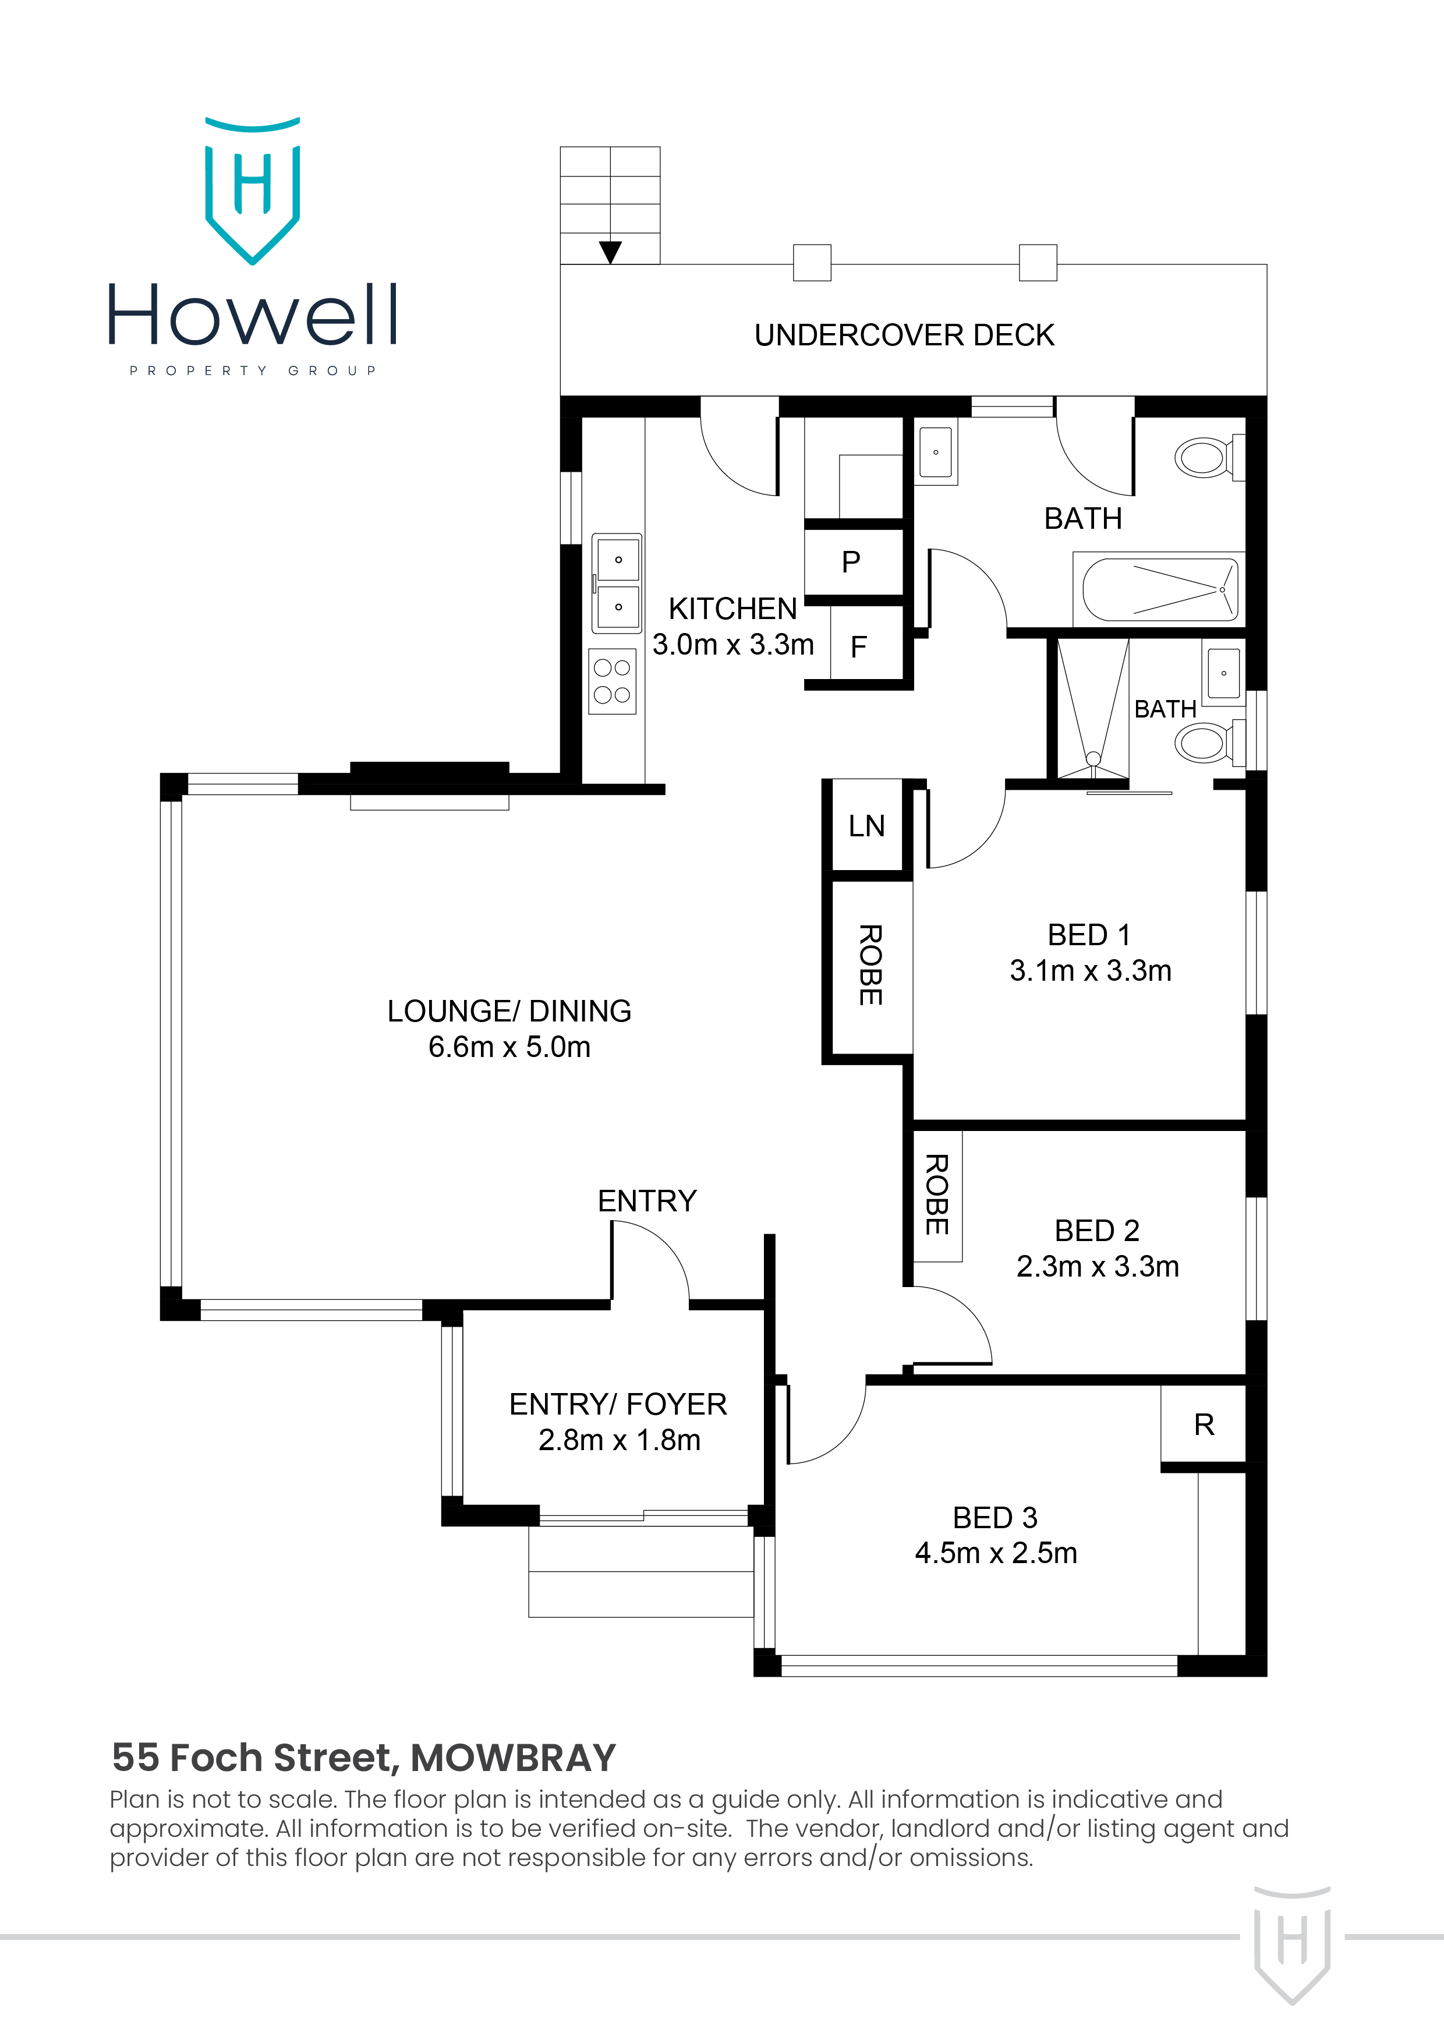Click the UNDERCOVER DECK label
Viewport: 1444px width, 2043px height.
point(904,335)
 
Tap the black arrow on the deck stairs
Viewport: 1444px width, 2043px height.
point(610,252)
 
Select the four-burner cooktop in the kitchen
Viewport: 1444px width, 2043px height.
point(612,681)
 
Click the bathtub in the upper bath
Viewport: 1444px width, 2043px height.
point(1159,589)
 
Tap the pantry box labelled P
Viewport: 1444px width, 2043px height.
point(851,561)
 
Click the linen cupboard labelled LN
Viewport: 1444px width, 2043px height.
point(866,826)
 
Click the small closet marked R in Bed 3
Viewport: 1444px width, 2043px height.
point(1204,1425)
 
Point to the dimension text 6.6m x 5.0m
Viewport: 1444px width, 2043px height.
point(509,1047)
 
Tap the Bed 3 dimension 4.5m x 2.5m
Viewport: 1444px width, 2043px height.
point(996,1553)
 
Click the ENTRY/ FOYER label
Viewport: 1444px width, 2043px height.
point(618,1404)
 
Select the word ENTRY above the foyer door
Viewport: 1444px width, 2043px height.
point(647,1201)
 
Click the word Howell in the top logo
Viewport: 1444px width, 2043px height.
point(253,315)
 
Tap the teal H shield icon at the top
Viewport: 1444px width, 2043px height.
point(253,191)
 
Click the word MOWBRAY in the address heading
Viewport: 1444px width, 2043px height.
point(514,1758)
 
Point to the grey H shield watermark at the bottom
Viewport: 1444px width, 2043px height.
point(1292,1944)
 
